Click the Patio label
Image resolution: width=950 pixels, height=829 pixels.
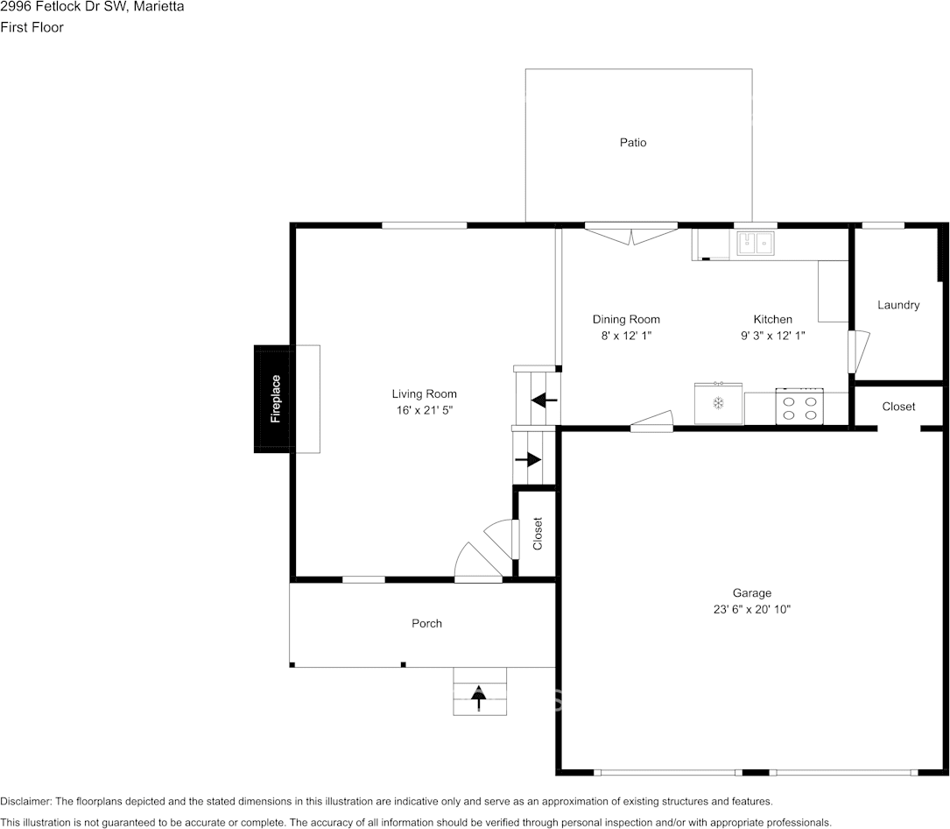632,143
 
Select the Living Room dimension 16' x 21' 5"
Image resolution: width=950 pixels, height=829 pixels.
424,410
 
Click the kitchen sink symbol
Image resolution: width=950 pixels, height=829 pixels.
755,244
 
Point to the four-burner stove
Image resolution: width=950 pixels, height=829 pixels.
799,407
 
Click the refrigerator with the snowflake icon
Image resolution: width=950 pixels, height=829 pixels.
718,403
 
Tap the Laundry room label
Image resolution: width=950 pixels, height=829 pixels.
898,305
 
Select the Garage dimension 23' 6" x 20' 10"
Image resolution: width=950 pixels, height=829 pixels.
752,609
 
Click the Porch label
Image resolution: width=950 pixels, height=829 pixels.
426,623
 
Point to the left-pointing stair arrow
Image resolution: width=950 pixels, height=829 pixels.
544,400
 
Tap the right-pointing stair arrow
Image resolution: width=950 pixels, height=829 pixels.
528,460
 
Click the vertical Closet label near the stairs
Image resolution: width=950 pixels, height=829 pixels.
538,534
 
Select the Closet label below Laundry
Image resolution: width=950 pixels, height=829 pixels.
898,407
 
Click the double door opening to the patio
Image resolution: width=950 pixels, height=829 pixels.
630,234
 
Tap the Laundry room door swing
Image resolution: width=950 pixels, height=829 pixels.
859,351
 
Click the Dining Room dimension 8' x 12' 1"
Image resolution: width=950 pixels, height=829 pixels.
626,336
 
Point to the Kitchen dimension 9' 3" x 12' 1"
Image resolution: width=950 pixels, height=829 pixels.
772,336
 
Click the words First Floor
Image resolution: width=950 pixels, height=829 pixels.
32,27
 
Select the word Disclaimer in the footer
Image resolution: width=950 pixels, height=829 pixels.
25,801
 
